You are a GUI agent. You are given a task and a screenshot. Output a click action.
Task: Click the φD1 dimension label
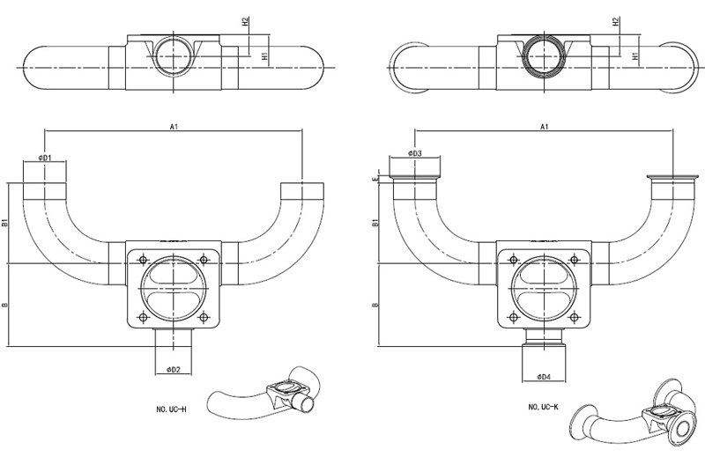click(x=45, y=158)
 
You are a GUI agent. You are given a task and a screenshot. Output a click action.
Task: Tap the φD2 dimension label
click(x=173, y=370)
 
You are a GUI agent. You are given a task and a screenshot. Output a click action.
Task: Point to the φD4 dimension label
click(x=543, y=378)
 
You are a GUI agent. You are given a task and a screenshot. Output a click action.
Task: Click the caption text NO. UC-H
click(x=168, y=407)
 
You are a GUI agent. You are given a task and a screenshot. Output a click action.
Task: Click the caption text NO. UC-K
click(x=545, y=407)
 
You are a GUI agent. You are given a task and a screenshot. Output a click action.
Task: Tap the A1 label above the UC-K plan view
click(x=545, y=127)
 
